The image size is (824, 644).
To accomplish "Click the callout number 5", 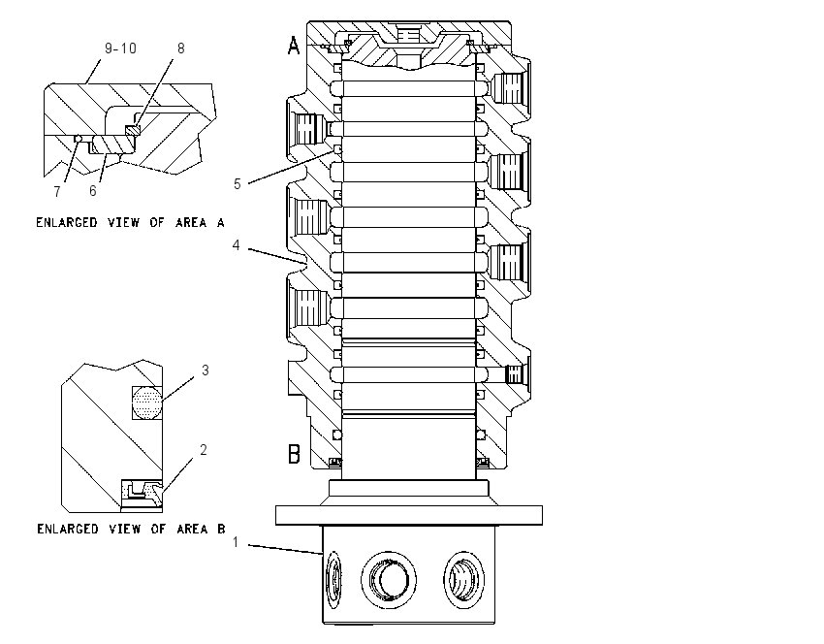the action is pyautogui.click(x=237, y=184).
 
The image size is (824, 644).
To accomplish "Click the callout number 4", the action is pyautogui.click(x=237, y=245).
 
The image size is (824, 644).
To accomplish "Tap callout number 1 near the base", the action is pyautogui.click(x=236, y=542).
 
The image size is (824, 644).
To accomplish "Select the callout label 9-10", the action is pyautogui.click(x=120, y=48).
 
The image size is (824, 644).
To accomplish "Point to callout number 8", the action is pyautogui.click(x=180, y=48).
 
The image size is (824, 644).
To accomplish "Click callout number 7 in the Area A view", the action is pyautogui.click(x=57, y=192).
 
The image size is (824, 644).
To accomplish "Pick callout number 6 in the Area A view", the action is pyautogui.click(x=92, y=191).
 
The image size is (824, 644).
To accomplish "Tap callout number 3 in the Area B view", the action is pyautogui.click(x=205, y=370).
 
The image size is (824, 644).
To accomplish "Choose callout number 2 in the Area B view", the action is pyautogui.click(x=204, y=449).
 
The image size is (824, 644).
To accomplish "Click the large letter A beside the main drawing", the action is pyautogui.click(x=293, y=46).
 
